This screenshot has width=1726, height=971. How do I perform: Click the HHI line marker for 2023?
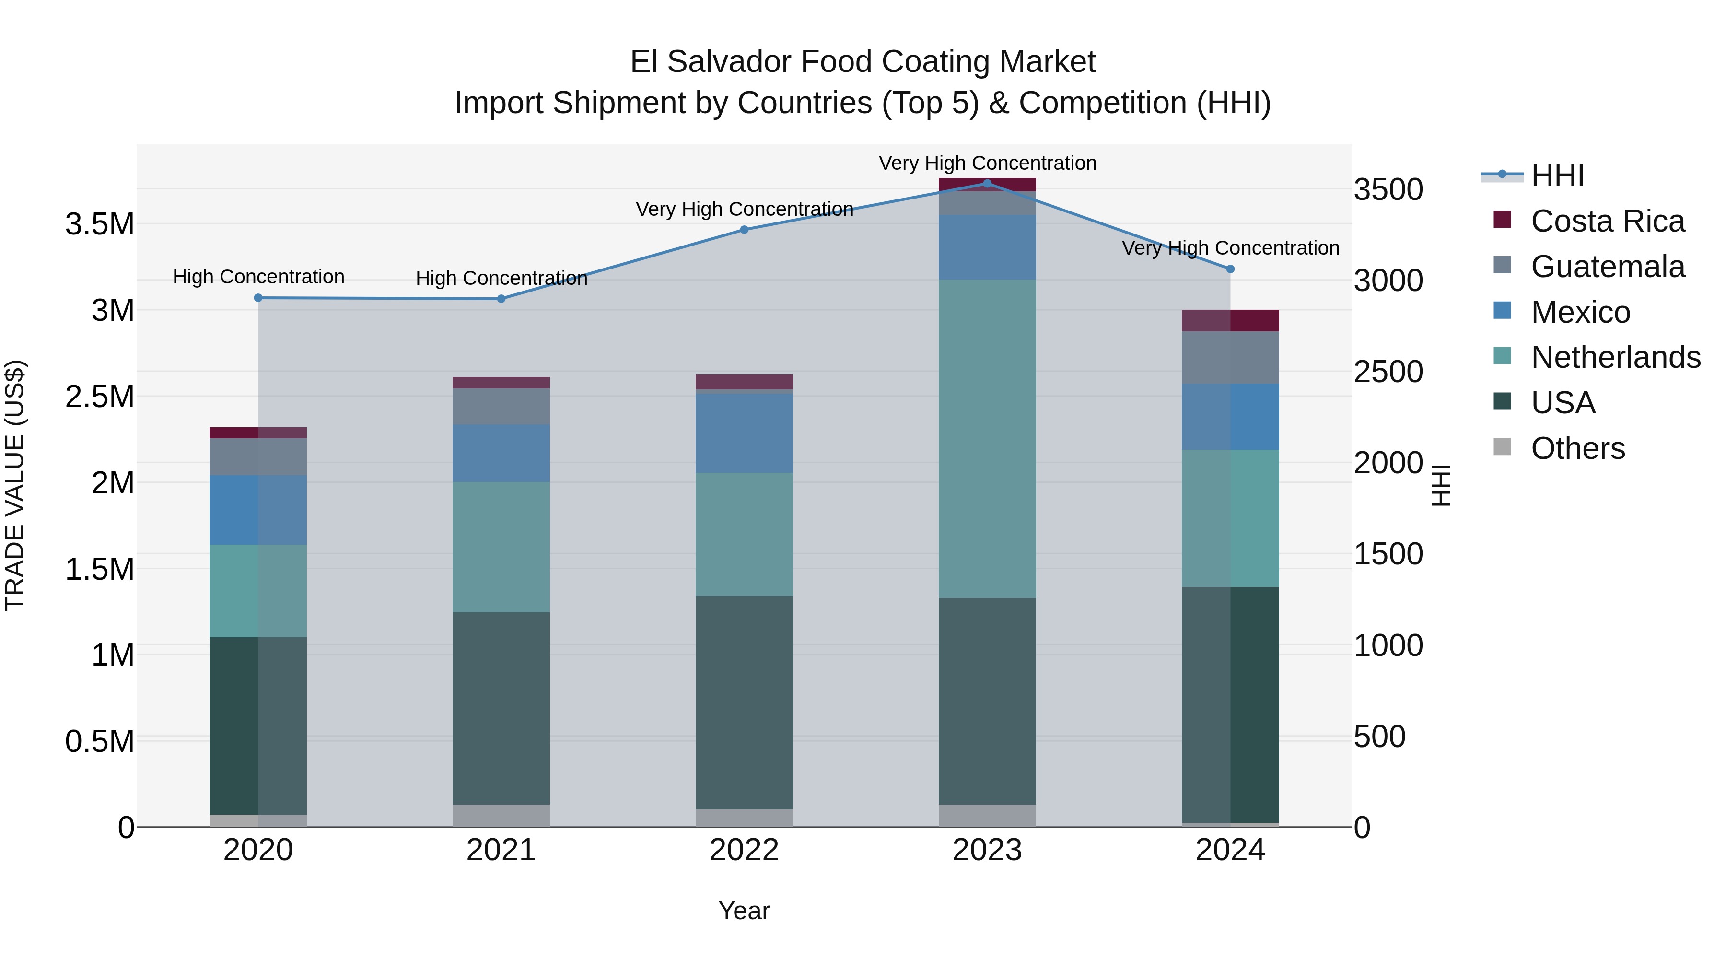[x=987, y=183]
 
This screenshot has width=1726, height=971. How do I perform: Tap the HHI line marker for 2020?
[x=258, y=297]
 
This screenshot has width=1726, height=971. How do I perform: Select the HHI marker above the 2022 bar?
[x=744, y=229]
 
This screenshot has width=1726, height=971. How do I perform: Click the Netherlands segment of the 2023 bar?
[x=987, y=439]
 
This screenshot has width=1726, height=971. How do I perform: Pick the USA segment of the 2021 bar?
[x=501, y=708]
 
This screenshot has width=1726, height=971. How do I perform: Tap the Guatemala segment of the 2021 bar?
[x=501, y=406]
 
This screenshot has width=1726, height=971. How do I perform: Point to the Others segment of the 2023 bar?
[x=987, y=816]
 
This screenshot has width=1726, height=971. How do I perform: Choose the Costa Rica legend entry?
[x=1607, y=221]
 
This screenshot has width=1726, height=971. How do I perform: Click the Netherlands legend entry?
[x=1615, y=357]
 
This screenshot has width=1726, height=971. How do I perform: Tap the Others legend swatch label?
[x=1577, y=448]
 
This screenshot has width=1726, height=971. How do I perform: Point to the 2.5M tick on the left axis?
[x=99, y=397]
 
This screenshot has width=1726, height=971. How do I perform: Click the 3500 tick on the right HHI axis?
[x=1388, y=189]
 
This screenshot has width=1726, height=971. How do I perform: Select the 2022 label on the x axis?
[x=744, y=850]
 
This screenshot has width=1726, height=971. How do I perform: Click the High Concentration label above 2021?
[x=501, y=278]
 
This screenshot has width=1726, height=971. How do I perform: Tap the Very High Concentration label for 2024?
[x=1230, y=248]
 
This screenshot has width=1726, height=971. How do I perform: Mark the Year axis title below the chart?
[x=744, y=911]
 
